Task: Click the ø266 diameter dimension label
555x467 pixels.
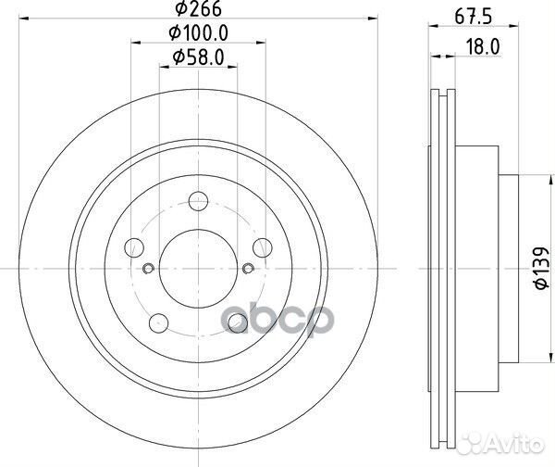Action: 199,8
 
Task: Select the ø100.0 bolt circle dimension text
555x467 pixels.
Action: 199,33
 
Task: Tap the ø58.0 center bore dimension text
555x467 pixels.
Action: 199,57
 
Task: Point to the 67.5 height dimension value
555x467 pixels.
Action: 474,17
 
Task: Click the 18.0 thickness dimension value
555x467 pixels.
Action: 483,46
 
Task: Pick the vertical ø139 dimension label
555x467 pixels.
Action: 542,268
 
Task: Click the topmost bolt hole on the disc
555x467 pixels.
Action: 198,201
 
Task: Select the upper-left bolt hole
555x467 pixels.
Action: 134,247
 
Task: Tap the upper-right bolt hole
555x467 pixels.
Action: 263,247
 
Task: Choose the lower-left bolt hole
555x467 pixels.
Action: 158,323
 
